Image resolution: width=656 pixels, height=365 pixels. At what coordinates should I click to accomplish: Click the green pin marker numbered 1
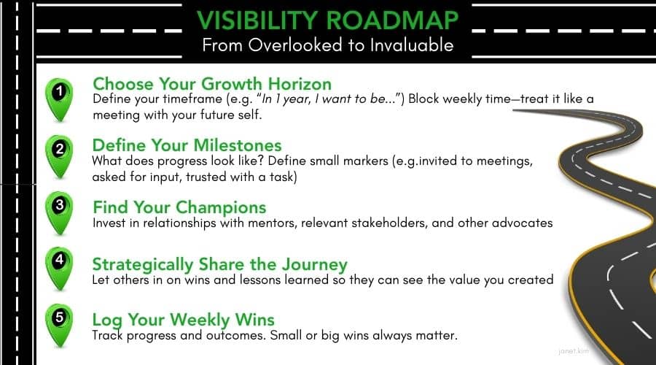click(59, 99)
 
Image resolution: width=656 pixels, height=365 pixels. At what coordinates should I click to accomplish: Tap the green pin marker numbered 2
click(59, 156)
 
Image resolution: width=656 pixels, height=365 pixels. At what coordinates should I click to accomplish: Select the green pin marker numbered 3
click(59, 212)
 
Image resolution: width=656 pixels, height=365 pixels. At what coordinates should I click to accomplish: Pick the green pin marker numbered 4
click(59, 268)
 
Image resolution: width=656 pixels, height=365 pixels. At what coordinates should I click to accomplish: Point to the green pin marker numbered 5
click(59, 325)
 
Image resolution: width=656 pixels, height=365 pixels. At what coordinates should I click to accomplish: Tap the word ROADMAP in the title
click(392, 20)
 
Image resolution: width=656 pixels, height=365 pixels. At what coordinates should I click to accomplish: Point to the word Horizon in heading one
click(300, 84)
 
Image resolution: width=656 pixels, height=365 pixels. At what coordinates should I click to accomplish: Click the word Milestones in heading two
click(238, 145)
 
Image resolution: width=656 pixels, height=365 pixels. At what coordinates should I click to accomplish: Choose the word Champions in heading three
click(221, 207)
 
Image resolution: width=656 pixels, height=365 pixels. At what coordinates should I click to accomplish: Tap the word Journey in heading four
click(315, 265)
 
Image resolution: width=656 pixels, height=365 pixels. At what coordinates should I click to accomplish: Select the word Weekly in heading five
click(200, 320)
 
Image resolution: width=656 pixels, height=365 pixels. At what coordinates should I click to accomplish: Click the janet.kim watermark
click(573, 351)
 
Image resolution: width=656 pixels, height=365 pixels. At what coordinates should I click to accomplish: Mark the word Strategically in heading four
click(143, 265)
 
